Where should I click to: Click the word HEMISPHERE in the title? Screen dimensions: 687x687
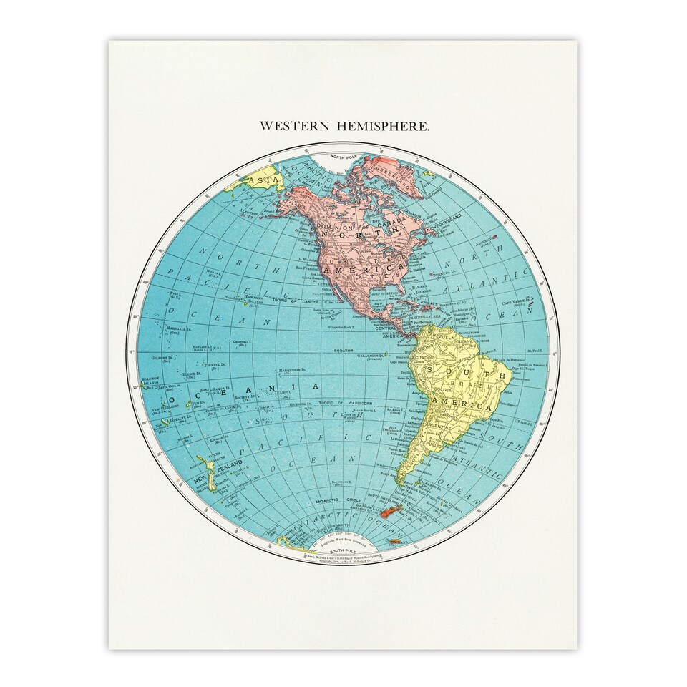[x=391, y=126]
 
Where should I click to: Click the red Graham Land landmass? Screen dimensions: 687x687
[x=391, y=511]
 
